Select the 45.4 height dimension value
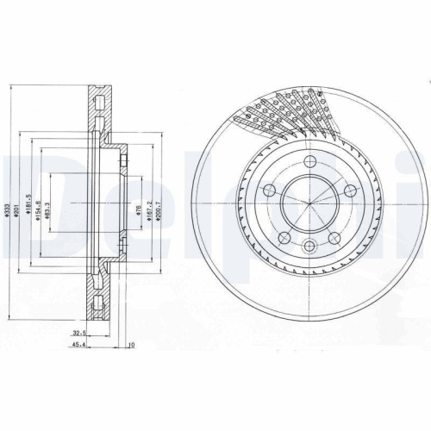coord(80,347)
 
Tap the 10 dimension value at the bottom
coord(130,347)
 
